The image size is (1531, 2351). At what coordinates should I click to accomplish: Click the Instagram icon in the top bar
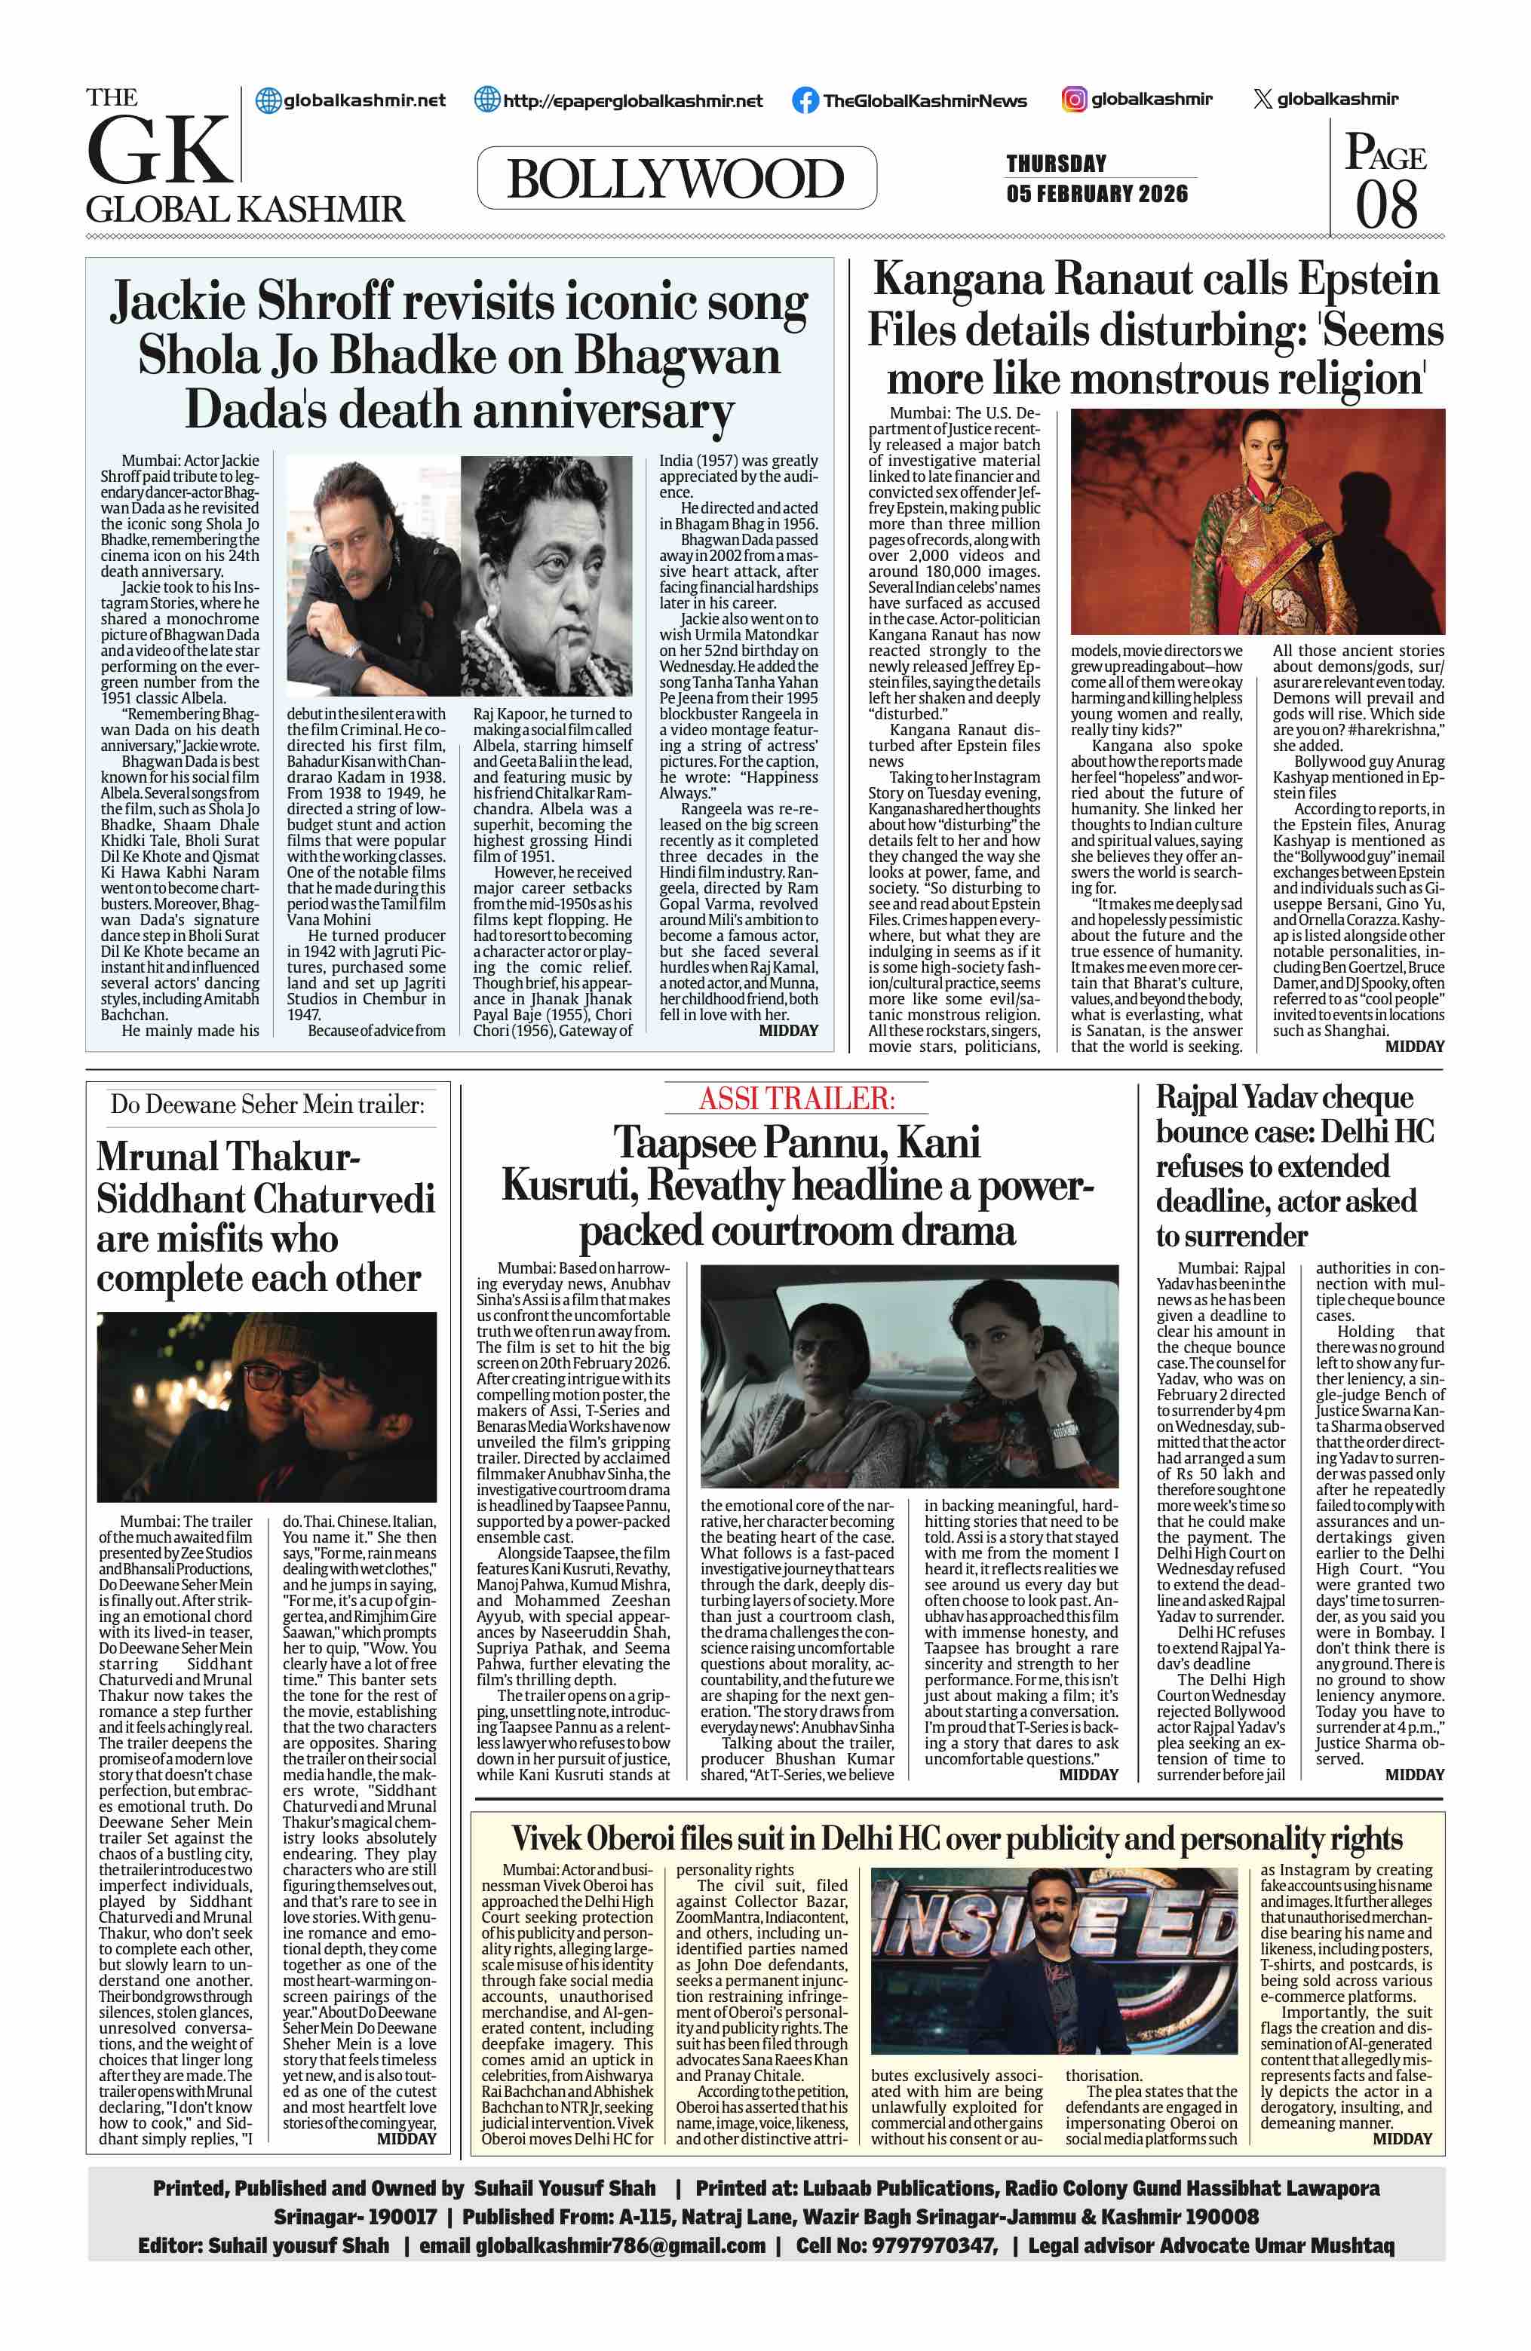click(x=1075, y=99)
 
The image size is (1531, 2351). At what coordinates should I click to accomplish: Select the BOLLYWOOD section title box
click(x=676, y=179)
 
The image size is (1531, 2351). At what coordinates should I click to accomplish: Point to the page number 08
click(x=1385, y=204)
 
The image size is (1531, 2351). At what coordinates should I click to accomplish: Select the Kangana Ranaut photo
click(x=1257, y=520)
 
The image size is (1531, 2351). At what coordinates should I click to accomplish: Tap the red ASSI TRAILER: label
click(x=796, y=1098)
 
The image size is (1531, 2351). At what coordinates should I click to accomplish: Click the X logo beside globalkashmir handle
click(x=1261, y=99)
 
